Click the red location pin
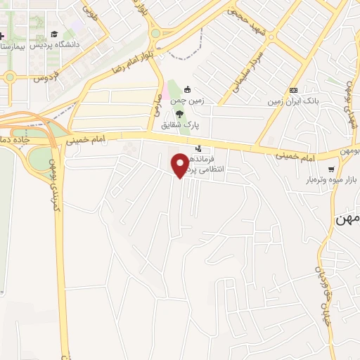181,165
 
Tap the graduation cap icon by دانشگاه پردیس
54,34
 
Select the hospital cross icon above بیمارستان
2,35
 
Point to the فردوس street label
45,77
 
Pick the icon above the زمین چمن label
187,90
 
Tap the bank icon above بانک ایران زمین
293,90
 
